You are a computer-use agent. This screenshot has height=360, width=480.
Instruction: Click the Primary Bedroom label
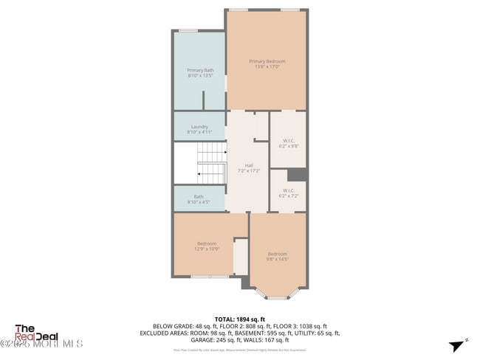click(267, 61)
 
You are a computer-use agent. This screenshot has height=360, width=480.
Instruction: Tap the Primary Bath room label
click(200, 70)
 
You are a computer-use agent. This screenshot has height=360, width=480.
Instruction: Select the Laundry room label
click(199, 126)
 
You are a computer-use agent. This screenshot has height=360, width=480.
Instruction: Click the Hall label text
click(249, 165)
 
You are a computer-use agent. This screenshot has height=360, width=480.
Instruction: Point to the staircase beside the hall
click(212, 164)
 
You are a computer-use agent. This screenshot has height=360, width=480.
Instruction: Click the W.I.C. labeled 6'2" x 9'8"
click(288, 140)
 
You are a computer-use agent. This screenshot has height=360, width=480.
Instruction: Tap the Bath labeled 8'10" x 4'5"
click(199, 196)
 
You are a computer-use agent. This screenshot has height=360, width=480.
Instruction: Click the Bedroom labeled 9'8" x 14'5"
click(278, 254)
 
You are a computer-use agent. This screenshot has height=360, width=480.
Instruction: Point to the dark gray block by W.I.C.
click(297, 174)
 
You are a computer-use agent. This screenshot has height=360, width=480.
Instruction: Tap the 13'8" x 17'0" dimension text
click(267, 66)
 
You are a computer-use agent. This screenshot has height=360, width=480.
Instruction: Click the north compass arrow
click(459, 345)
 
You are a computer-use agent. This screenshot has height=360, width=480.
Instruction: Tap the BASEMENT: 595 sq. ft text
click(267, 333)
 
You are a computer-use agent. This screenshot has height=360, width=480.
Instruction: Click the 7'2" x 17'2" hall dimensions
click(249, 170)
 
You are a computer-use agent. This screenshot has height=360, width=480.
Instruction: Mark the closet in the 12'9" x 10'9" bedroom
click(241, 257)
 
